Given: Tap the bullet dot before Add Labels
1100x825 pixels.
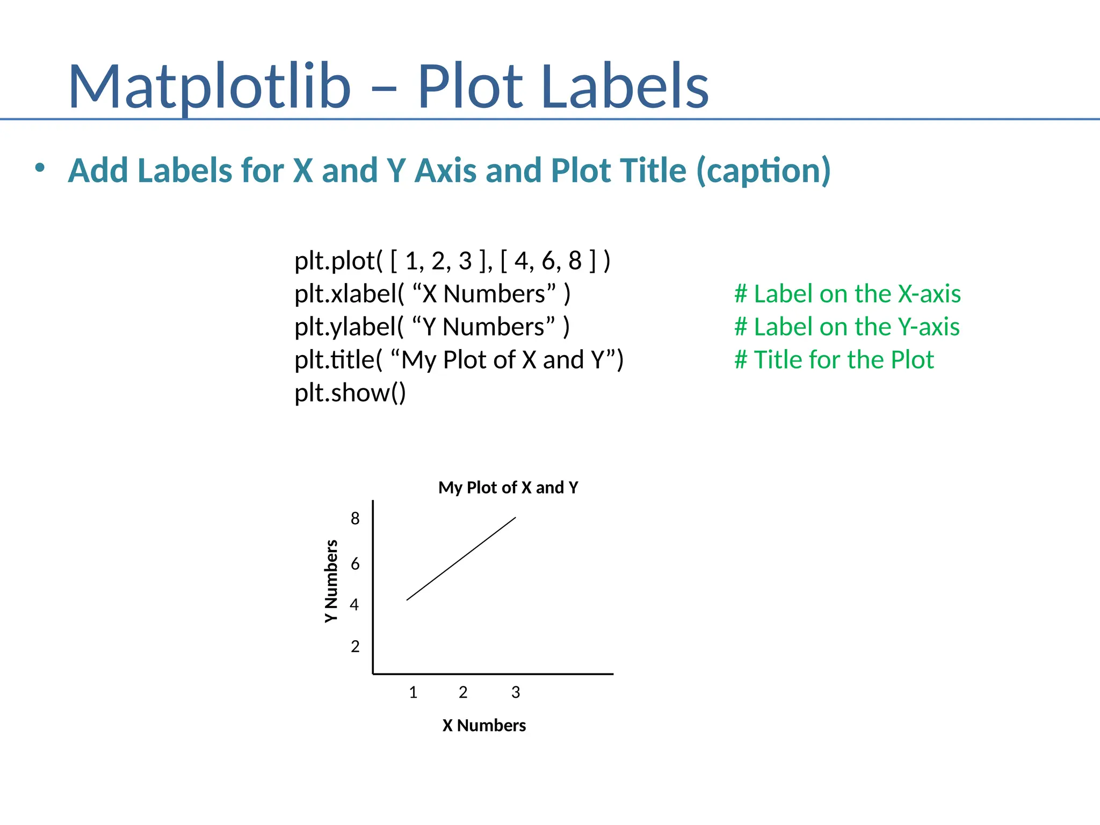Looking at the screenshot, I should coord(40,168).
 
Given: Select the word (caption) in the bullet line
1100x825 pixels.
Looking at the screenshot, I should coord(763,171).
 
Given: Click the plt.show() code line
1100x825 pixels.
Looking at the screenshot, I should coord(350,393).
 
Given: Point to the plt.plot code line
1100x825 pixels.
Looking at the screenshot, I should coord(452,261).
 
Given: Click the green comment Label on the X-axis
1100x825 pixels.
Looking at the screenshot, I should coord(848,294).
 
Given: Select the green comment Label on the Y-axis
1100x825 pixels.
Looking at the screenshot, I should coord(847,327).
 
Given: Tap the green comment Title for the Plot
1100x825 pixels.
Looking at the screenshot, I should coord(834,360).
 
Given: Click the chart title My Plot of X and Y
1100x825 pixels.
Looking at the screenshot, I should coord(508,488).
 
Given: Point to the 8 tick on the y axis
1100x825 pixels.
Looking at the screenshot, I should coord(355,518).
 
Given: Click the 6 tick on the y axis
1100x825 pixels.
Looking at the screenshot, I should coord(355,564).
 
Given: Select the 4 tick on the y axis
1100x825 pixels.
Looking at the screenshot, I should coord(354,605).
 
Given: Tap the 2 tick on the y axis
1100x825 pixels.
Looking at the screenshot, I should coord(355,646).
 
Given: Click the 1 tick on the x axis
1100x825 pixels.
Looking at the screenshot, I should coord(413,692).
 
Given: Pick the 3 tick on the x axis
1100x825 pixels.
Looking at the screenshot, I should coord(516,692).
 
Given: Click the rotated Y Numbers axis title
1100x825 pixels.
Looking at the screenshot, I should coord(331,581).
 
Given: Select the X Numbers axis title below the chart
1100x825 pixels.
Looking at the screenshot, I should coord(484,726).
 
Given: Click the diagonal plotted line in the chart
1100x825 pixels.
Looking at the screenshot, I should coord(461,559).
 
